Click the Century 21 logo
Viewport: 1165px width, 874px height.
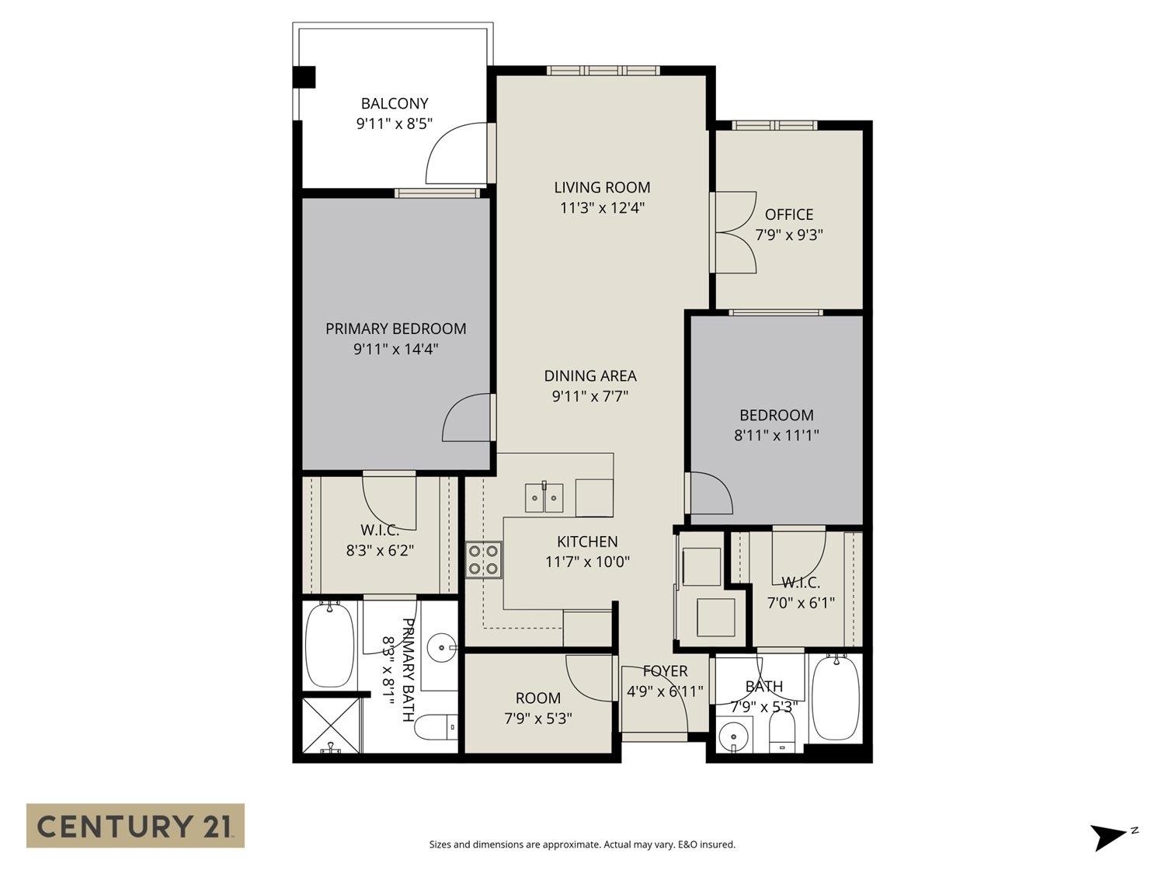135,825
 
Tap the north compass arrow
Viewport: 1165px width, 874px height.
1108,837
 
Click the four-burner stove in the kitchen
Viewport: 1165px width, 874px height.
483,560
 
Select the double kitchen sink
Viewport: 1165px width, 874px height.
544,497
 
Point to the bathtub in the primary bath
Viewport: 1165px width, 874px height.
329,644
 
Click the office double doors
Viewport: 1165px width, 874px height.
735,232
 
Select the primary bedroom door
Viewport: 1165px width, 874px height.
468,418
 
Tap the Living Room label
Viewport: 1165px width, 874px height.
602,187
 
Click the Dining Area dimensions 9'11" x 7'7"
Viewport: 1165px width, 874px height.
589,396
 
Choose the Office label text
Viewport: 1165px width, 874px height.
789,214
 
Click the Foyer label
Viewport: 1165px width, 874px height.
665,670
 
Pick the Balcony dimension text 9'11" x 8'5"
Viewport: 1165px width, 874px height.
394,124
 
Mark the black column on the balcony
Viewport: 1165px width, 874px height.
304,78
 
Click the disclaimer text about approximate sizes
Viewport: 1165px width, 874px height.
582,844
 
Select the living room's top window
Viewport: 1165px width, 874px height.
603,71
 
